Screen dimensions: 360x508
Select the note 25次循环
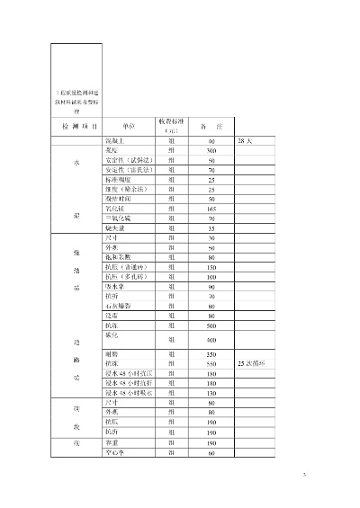[x=251, y=362]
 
